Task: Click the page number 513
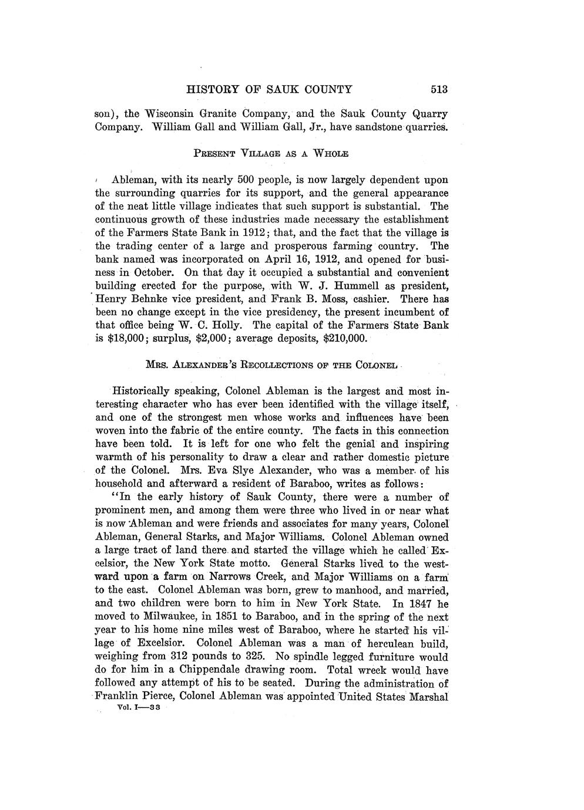[x=439, y=90]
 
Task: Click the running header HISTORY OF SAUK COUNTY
[x=269, y=90]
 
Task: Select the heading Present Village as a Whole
[x=271, y=154]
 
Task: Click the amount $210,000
[x=345, y=339]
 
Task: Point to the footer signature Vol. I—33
[x=143, y=708]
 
